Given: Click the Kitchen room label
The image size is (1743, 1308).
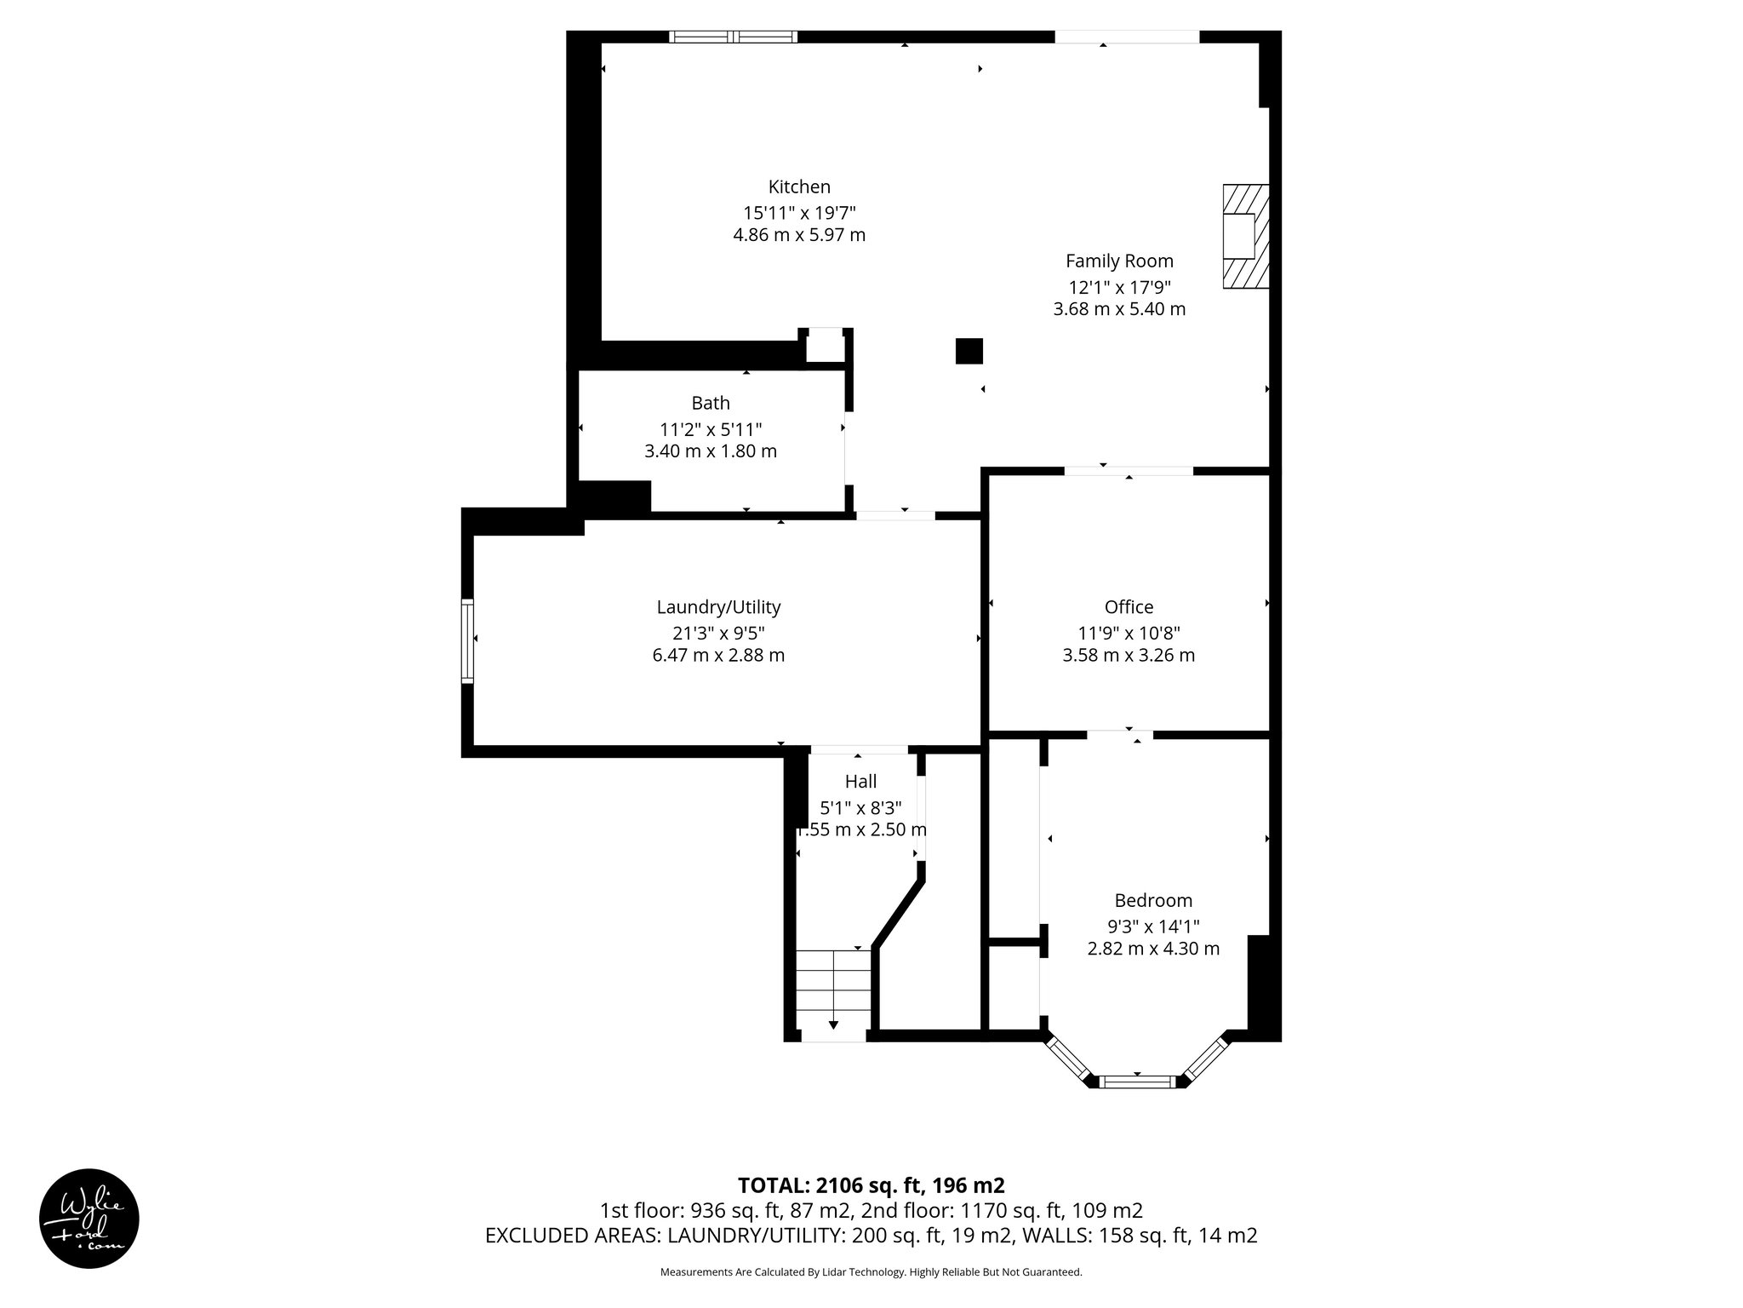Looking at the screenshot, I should [x=798, y=186].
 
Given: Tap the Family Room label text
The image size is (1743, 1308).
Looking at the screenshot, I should [x=1118, y=261].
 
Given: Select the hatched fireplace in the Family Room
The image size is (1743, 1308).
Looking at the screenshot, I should [x=1245, y=236].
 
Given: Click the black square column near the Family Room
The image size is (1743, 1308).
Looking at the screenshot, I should [x=969, y=351].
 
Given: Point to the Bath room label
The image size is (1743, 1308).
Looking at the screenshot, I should [x=710, y=403].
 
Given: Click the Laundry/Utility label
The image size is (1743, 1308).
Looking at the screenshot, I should [x=717, y=607].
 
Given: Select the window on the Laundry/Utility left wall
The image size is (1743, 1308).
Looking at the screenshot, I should [x=466, y=640].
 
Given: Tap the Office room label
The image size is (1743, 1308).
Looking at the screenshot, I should [x=1129, y=607].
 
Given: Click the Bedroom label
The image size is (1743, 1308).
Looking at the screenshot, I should [x=1152, y=900].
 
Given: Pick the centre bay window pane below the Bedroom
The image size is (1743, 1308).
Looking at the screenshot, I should [x=1137, y=1082].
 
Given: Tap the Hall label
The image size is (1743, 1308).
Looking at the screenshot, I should [x=860, y=781].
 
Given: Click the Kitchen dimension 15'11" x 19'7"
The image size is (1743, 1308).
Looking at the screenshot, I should [x=798, y=212].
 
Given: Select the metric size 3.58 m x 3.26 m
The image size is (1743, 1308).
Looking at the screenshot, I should [x=1129, y=655].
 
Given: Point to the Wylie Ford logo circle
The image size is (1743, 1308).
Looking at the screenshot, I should [x=89, y=1218].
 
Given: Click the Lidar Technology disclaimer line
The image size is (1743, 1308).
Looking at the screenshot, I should [x=871, y=1272].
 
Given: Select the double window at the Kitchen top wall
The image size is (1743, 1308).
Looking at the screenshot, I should [x=733, y=37].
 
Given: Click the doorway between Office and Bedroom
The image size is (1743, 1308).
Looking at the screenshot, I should [x=1120, y=734].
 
